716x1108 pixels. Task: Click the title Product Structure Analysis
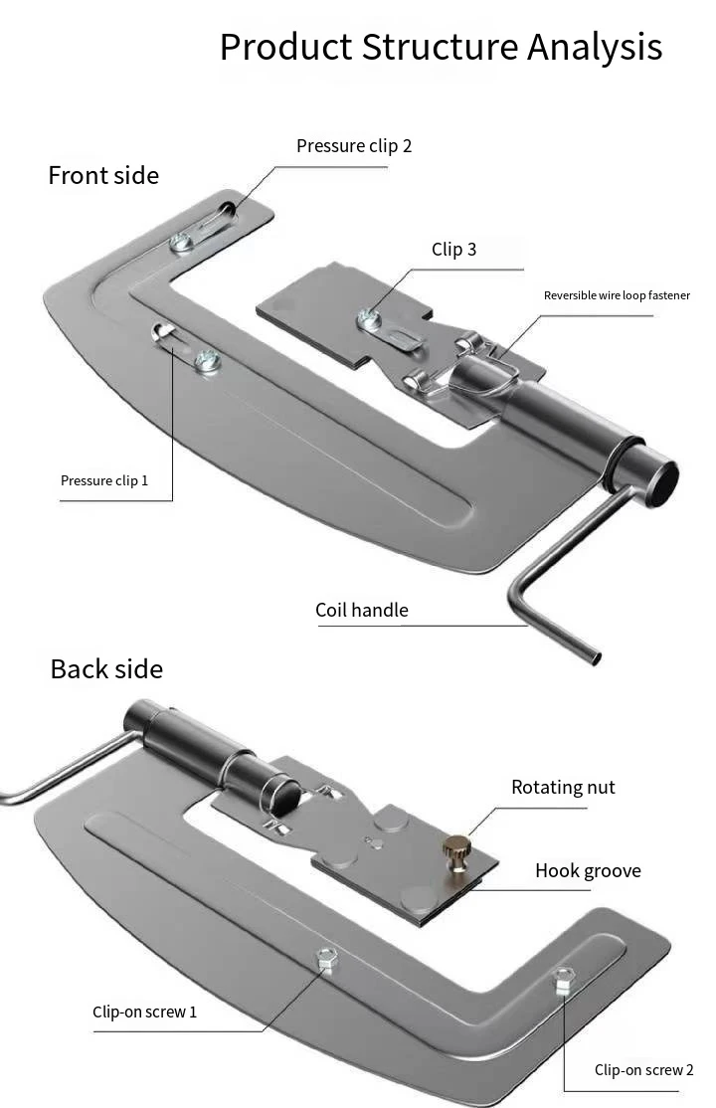pos(442,48)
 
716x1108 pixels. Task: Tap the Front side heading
pos(103,175)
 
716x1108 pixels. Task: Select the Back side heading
pos(106,669)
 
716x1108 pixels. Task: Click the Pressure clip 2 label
pos(354,146)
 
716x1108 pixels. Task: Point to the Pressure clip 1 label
pos(104,480)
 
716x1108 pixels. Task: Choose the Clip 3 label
pos(454,250)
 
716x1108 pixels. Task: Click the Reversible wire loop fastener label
pos(617,295)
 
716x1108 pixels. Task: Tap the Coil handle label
pos(362,610)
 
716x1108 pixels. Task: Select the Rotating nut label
pos(563,787)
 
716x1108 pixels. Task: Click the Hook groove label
pos(588,870)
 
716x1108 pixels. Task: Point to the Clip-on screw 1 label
pos(145,1012)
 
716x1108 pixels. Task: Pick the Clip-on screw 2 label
pos(644,1070)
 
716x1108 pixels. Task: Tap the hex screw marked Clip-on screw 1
pos(326,959)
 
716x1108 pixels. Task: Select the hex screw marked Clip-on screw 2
pos(563,980)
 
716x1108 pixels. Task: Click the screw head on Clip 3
pos(369,319)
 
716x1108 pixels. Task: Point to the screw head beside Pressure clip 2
pos(182,243)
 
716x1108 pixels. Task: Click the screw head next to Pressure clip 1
pos(207,361)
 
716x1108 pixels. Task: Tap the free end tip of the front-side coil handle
pos(596,658)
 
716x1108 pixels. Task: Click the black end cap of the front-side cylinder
pos(661,483)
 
